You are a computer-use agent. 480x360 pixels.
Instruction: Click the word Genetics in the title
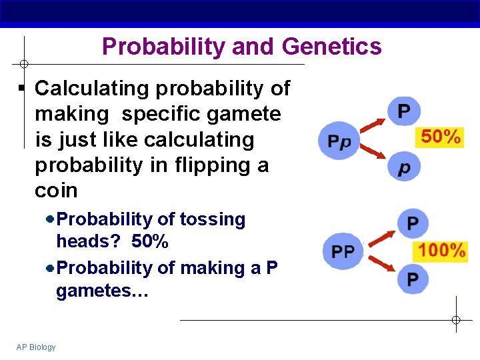331,47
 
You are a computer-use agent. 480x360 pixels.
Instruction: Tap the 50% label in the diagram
441,137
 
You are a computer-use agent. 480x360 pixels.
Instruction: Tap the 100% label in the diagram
441,251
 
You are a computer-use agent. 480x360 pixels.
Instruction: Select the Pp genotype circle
339,141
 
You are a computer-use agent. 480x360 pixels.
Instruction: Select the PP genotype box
343,252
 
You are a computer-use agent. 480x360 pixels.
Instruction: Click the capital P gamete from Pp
404,111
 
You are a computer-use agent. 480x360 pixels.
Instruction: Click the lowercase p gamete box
404,167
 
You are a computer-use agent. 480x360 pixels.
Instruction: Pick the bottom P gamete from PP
413,279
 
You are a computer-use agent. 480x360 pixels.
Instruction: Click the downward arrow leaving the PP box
379,266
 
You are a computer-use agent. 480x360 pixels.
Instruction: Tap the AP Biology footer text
36,347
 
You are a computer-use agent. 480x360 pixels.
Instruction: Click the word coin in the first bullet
56,191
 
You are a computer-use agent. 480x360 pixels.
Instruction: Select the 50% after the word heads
150,241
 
